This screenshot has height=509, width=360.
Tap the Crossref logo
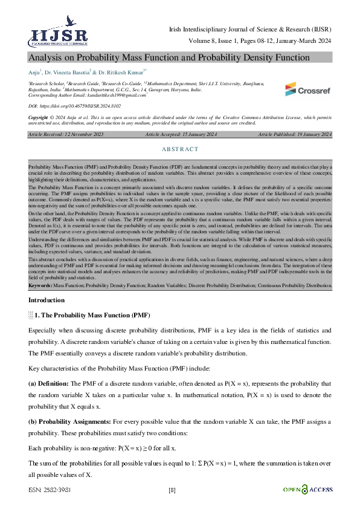point(307,89)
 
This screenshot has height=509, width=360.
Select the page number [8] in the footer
point(172,490)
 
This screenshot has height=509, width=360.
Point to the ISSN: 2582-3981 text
point(48,490)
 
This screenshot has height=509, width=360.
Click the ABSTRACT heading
point(180,149)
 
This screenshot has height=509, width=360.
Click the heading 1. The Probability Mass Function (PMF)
point(92,316)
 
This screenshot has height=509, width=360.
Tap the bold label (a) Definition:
point(49,383)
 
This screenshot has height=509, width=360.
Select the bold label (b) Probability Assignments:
point(66,420)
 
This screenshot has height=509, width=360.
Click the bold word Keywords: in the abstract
point(40,284)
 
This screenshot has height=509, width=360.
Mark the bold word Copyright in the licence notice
point(38,117)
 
